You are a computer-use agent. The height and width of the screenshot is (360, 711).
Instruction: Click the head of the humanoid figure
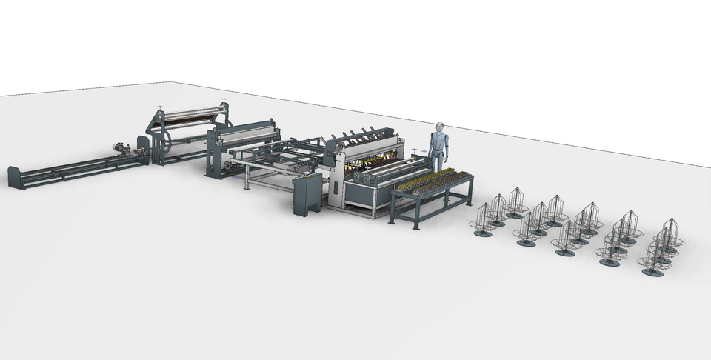coord(439,127)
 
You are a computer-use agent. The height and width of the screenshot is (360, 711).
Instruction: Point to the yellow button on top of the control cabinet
coord(307,176)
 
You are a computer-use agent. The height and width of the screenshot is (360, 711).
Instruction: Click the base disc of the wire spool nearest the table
coord(483,233)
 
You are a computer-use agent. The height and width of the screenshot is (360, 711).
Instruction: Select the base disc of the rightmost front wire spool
coord(653,272)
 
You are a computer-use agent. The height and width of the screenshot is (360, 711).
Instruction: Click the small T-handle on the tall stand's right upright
coord(224,101)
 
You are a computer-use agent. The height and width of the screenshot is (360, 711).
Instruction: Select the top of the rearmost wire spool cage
coord(515,190)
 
